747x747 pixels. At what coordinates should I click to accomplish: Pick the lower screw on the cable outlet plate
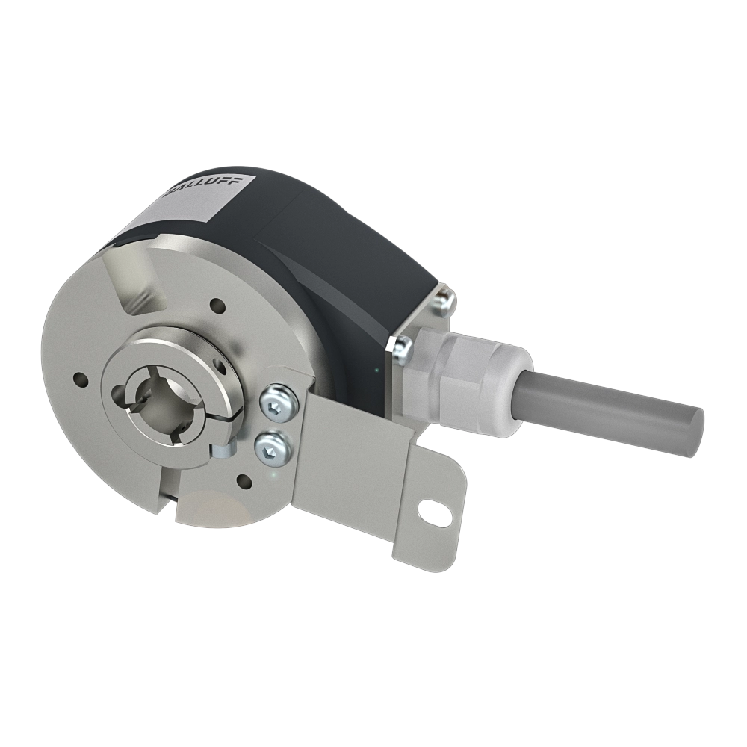coord(401,344)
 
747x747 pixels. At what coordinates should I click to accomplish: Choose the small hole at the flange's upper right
coord(217,306)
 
